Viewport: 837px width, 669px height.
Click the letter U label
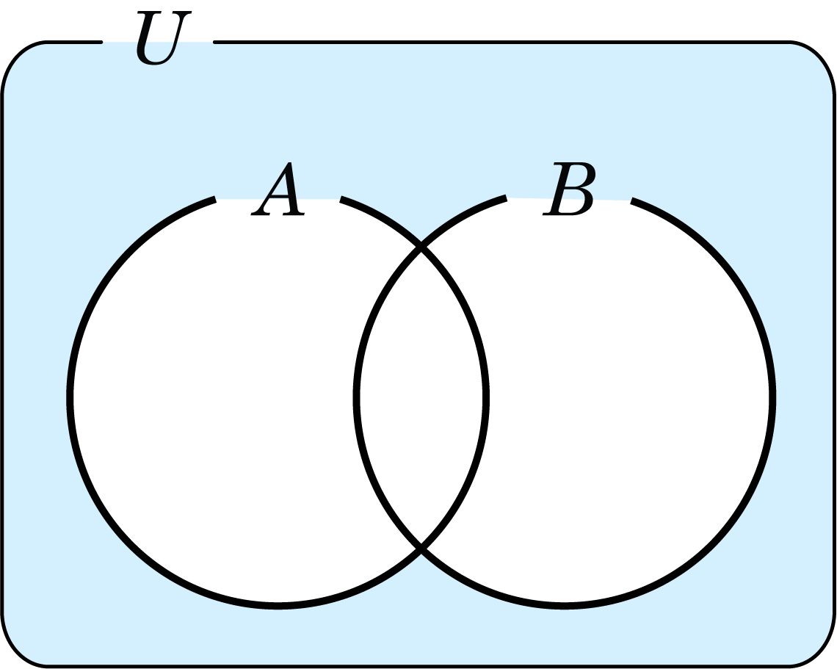[164, 37]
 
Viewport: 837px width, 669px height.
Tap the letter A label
[278, 189]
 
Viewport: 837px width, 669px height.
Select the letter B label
[568, 189]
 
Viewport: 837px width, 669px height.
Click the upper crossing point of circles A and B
[421, 246]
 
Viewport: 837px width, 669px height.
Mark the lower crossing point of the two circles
[421, 549]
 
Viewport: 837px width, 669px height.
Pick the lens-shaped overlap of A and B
[421, 398]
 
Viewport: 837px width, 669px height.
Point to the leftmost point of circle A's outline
[70, 398]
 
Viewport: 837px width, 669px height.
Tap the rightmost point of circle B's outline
[772, 398]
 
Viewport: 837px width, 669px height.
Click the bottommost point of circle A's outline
[278, 606]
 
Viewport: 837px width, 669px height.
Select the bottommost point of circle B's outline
[564, 606]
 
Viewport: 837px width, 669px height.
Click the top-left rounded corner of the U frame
[16, 57]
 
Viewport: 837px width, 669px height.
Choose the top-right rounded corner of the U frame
[820, 57]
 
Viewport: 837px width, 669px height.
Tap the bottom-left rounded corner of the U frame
[16, 651]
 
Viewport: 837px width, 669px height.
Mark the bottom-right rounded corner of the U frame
[820, 651]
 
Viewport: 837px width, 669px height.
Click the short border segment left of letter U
[75, 42]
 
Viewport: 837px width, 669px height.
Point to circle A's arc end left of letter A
[215, 200]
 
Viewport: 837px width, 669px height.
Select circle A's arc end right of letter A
[341, 199]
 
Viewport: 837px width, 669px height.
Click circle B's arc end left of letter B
[506, 198]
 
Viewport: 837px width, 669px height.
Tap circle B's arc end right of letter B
[631, 200]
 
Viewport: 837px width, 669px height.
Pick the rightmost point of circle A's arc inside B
[486, 398]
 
